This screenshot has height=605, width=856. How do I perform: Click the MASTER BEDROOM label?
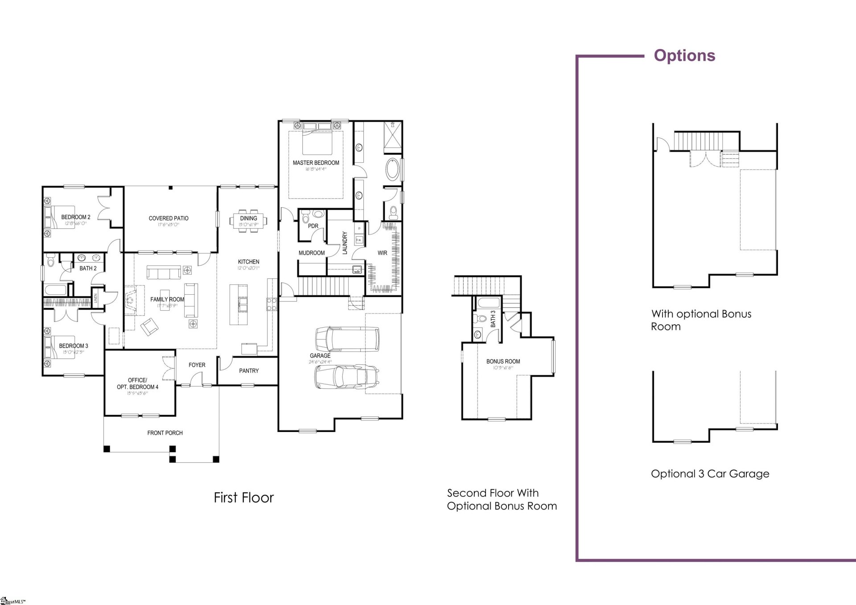pyautogui.click(x=316, y=163)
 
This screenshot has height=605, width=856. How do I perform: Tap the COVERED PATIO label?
pyautogui.click(x=169, y=218)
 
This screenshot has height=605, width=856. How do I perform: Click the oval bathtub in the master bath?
pyautogui.click(x=392, y=169)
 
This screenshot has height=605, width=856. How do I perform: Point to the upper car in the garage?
pyautogui.click(x=347, y=339)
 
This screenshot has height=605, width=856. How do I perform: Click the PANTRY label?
pyautogui.click(x=249, y=370)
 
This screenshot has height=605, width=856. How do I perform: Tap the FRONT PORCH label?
pyautogui.click(x=165, y=432)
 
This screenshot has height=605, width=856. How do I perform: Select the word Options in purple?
pyautogui.click(x=684, y=55)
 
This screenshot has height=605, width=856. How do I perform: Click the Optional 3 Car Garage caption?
pyautogui.click(x=710, y=473)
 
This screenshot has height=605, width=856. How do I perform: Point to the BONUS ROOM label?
pyautogui.click(x=503, y=361)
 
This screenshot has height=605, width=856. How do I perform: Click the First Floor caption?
pyautogui.click(x=243, y=498)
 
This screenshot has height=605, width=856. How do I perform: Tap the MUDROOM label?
pyautogui.click(x=312, y=253)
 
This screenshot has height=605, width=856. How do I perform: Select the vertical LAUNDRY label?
pyautogui.click(x=345, y=243)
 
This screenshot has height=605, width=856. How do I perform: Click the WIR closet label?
pyautogui.click(x=382, y=253)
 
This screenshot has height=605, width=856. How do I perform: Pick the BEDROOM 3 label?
pyautogui.click(x=74, y=346)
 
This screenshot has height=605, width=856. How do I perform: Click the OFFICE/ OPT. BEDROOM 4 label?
pyautogui.click(x=137, y=383)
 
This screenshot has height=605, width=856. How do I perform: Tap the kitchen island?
pyautogui.click(x=239, y=305)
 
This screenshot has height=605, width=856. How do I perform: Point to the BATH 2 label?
pyautogui.click(x=88, y=268)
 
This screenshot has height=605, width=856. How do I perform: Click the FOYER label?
pyautogui.click(x=197, y=365)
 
